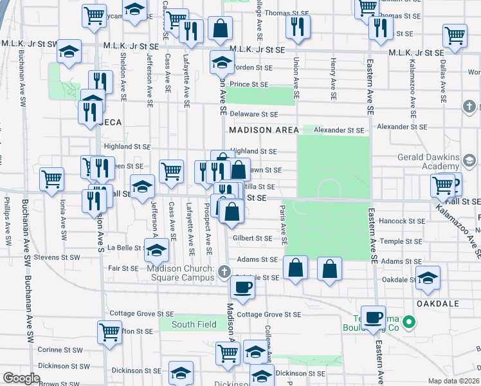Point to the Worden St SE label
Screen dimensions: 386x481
click(x=253, y=67)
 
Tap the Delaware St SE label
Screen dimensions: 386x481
click(x=253, y=114)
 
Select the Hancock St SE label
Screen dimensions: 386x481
click(x=402, y=221)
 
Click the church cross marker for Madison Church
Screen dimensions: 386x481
click(x=224, y=271)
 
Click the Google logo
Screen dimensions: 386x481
click(x=21, y=378)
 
